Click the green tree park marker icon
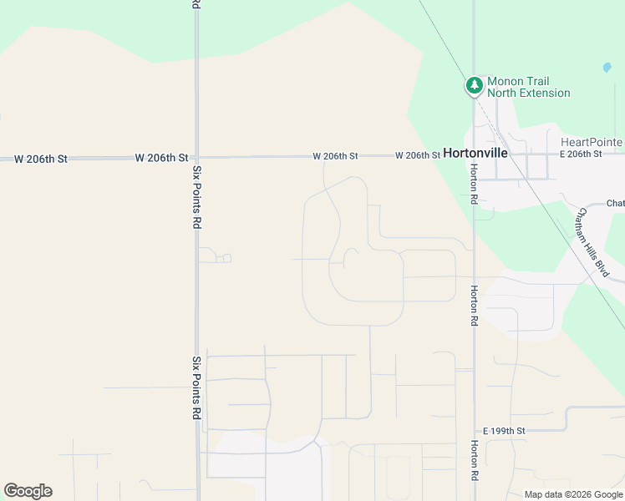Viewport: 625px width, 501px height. coord(475,85)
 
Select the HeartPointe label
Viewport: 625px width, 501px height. coord(592,142)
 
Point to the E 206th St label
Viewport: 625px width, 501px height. coord(581,154)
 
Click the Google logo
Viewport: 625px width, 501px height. coord(28,491)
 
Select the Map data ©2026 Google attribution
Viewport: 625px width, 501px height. coord(573,494)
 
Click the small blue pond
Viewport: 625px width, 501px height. coord(607,68)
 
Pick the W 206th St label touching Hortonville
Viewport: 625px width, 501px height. coord(418,155)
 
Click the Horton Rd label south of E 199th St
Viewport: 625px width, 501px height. coord(474,460)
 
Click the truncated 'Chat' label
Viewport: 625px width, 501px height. coord(615,204)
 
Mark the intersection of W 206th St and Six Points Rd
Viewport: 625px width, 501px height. coord(197,157)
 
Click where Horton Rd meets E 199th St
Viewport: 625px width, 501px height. coord(474,431)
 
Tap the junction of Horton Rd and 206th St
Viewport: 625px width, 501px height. coord(474,155)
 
